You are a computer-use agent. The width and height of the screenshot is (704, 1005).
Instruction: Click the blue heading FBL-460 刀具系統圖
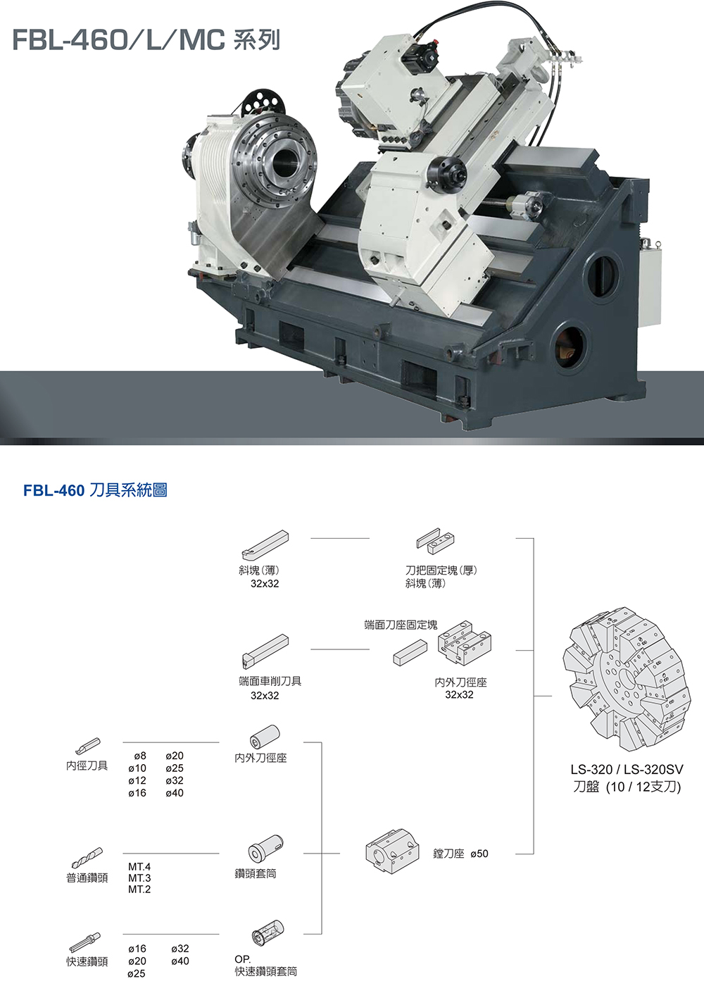[x=95, y=490]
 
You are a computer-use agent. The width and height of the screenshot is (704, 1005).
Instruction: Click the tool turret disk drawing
[x=627, y=679]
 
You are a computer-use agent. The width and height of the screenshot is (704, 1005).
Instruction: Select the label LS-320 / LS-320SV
[x=627, y=770]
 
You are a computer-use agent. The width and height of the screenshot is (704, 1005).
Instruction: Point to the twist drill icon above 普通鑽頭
[x=87, y=858]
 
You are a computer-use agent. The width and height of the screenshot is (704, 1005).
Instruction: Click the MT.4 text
[x=139, y=866]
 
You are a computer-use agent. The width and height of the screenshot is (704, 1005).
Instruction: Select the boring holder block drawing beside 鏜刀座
[x=392, y=851]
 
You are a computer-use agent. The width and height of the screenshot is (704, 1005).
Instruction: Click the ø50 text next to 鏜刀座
[x=479, y=854]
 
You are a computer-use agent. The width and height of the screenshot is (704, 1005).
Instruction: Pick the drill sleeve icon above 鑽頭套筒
[x=265, y=849]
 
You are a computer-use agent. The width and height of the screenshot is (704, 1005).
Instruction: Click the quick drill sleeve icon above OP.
[x=268, y=932]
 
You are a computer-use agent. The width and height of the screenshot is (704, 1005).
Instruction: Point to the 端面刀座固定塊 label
[x=401, y=625]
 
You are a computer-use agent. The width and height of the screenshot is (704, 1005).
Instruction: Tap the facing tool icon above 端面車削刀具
[x=265, y=651]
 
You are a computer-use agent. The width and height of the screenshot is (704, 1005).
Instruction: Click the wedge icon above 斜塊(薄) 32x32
[x=265, y=544]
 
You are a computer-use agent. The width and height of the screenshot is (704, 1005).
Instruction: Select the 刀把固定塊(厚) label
[x=441, y=570]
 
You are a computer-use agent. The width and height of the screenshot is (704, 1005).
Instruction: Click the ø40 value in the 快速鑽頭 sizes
[x=180, y=961]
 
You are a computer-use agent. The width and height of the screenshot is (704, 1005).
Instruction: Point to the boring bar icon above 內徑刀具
[x=88, y=746]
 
